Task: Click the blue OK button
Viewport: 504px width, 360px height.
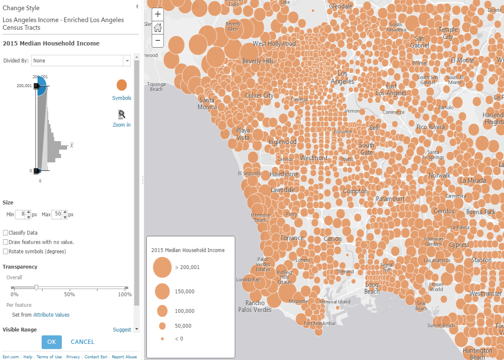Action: tap(51, 342)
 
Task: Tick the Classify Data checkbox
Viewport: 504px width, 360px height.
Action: tap(6, 233)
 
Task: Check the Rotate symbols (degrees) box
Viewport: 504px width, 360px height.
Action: tap(6, 252)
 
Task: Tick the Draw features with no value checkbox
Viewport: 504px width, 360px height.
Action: tap(6, 242)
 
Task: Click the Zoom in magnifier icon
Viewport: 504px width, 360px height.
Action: tap(122, 114)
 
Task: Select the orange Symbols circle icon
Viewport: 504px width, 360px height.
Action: tap(122, 85)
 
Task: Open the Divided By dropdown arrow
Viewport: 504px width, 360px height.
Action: tap(127, 61)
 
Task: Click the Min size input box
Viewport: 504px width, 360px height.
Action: tap(20, 215)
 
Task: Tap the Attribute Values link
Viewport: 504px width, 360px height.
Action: tap(51, 315)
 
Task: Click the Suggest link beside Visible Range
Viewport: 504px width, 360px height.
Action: tap(122, 330)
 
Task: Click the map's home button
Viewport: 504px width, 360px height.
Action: tap(158, 28)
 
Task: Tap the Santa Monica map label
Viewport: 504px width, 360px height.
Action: tap(207, 104)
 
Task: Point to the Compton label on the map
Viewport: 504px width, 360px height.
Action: tap(355, 191)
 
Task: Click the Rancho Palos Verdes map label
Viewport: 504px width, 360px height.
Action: tap(255, 306)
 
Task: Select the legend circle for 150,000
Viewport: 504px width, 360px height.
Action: tap(162, 292)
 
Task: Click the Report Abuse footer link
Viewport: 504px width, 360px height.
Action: tap(124, 357)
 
